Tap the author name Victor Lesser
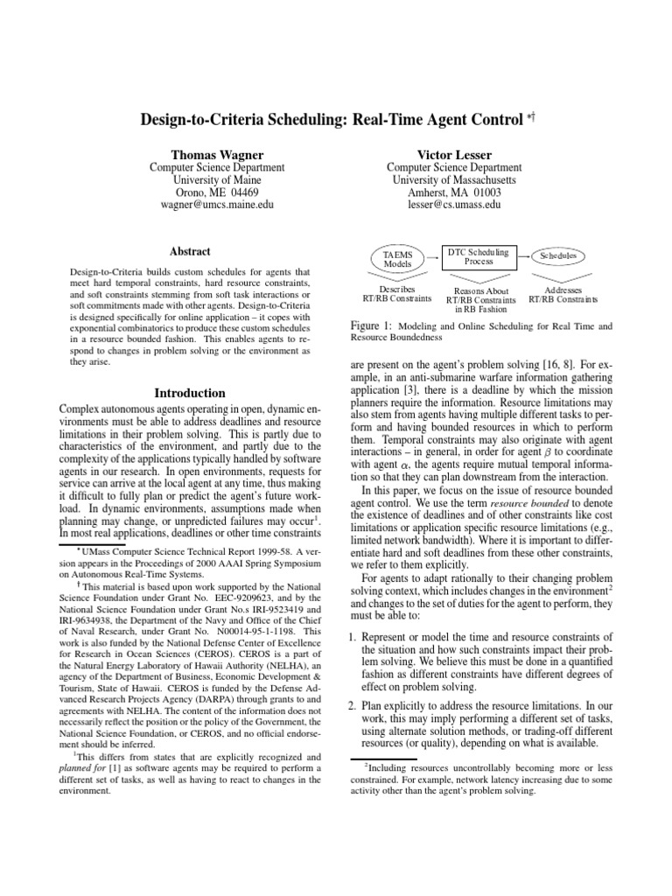[454, 154]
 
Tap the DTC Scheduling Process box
[478, 255]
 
